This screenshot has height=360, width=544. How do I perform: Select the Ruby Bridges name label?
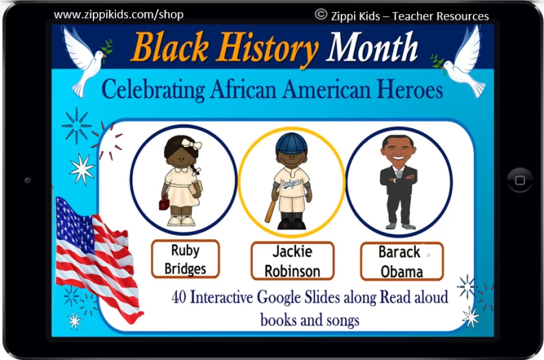tap(186, 259)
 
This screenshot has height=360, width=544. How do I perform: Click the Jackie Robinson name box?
tap(293, 261)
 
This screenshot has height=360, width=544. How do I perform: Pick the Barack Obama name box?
tap(402, 261)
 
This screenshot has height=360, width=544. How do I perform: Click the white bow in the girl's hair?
tap(191, 144)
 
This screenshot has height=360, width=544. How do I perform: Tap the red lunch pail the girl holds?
tap(164, 202)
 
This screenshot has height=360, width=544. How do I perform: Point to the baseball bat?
tap(271, 209)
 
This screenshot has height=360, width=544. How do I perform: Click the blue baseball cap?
tap(291, 143)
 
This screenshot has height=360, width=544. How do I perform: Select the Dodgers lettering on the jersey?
tap(290, 183)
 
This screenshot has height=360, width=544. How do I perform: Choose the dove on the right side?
tap(461, 62)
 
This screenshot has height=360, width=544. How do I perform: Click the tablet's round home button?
tap(520, 180)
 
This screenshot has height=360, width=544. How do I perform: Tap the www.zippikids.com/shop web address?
tap(119, 15)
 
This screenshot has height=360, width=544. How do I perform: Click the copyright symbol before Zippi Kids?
tap(321, 14)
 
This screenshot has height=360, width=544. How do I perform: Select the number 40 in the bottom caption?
tap(178, 297)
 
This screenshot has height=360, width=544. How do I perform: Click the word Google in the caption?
tap(278, 298)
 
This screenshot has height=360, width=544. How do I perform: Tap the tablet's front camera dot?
tap(28, 180)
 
